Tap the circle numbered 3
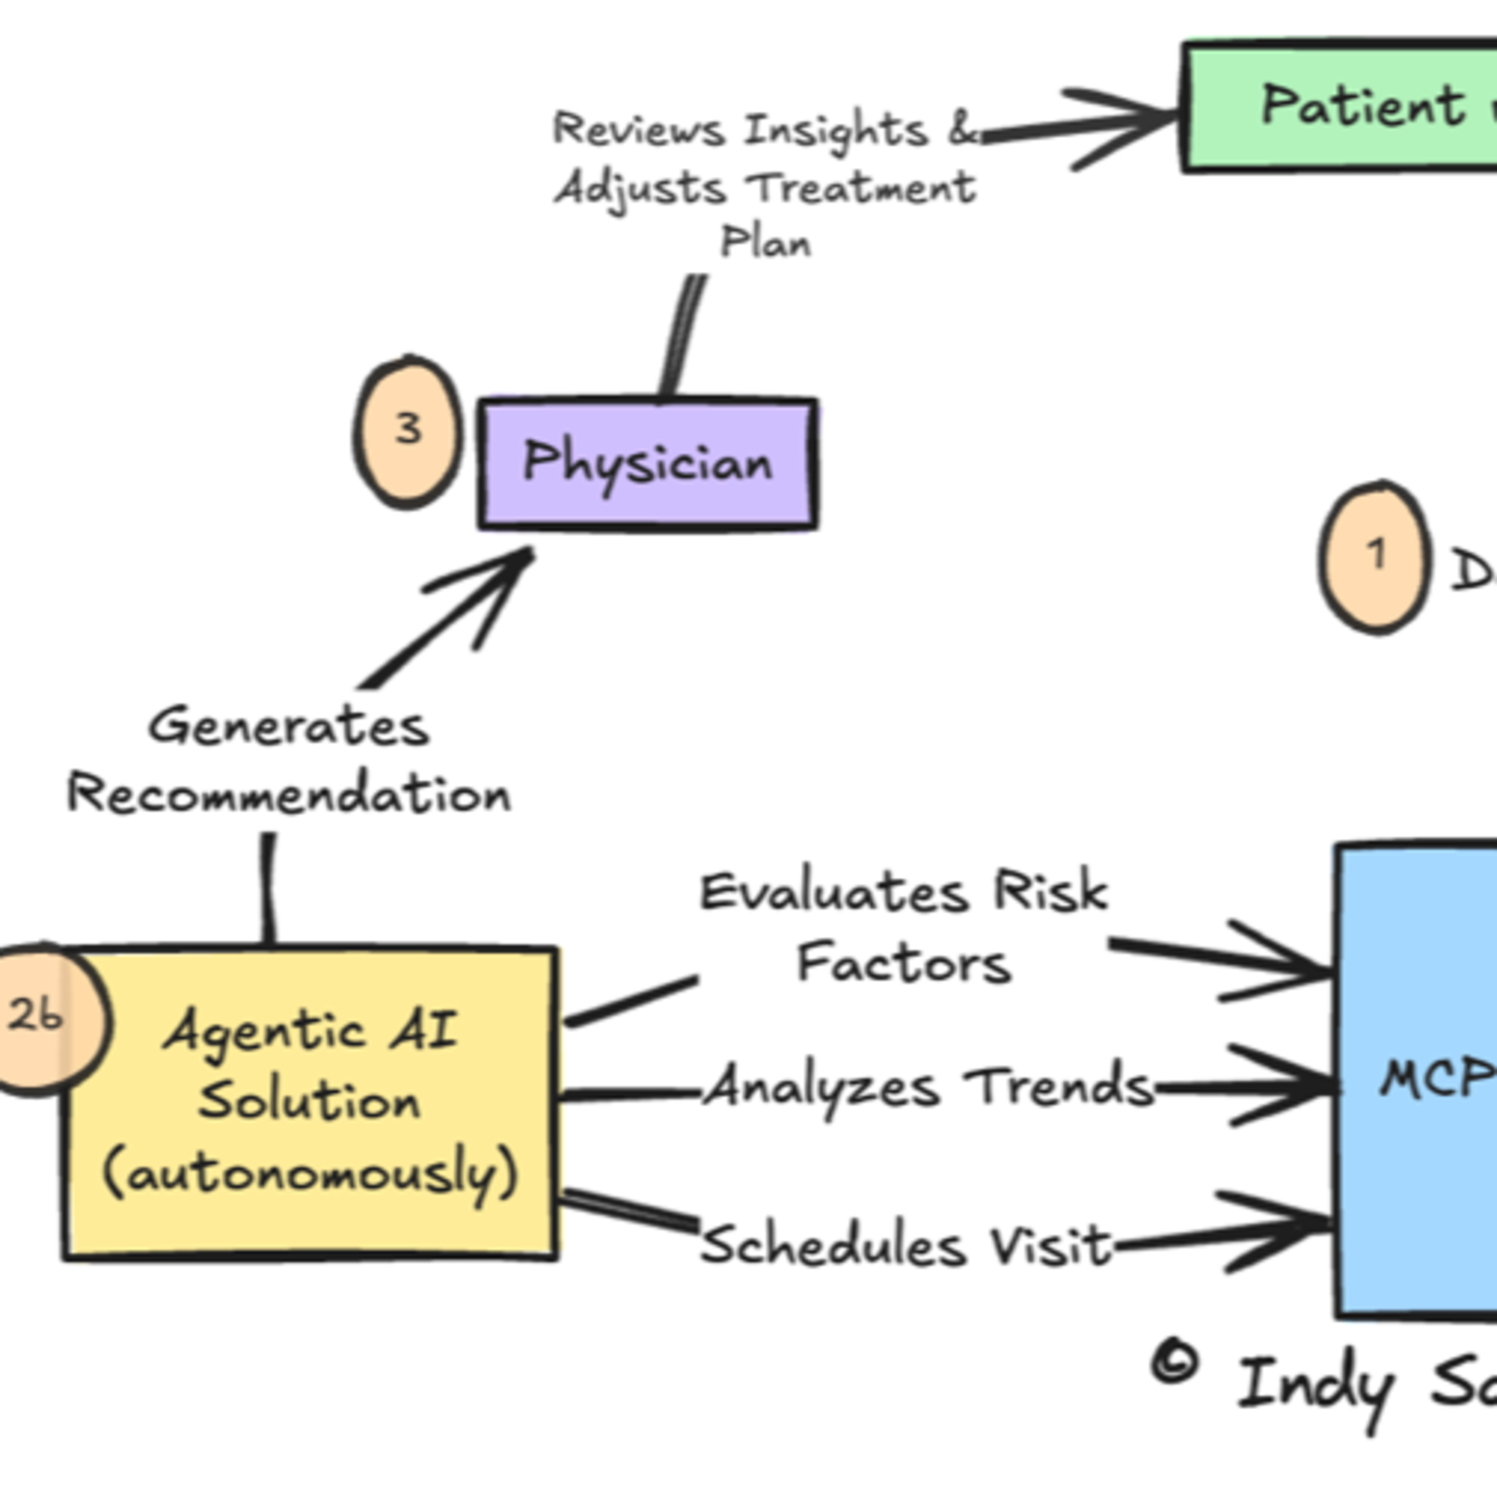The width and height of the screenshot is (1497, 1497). click(408, 432)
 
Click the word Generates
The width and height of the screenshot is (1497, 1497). click(288, 727)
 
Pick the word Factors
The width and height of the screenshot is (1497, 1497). click(904, 964)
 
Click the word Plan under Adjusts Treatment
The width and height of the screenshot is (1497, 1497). click(765, 243)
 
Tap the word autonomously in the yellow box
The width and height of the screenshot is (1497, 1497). click(310, 1176)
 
